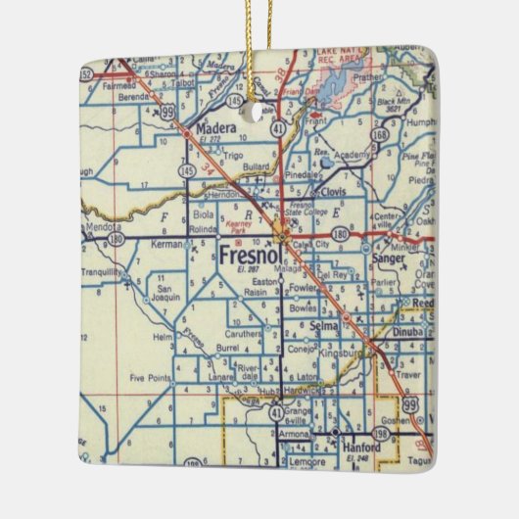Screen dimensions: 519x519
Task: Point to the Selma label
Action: (322, 324)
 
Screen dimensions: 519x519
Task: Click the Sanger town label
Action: (388, 259)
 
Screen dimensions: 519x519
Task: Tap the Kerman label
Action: (169, 244)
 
